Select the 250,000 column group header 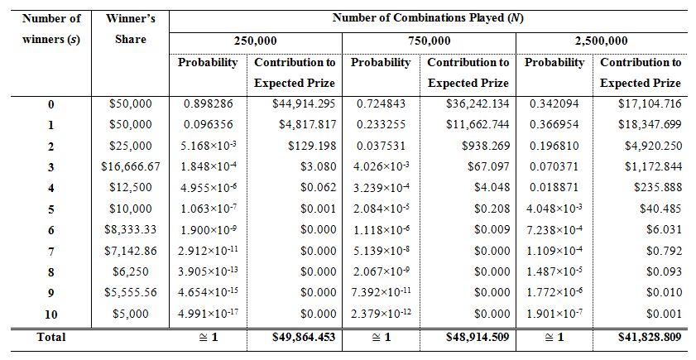(x=257, y=41)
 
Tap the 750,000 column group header (x=430, y=41)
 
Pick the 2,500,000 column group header (x=601, y=41)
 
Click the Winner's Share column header (x=130, y=29)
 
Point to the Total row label (x=50, y=337)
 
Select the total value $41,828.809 (x=650, y=337)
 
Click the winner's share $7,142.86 (x=130, y=250)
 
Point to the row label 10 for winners (x=50, y=313)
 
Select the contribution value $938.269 (x=486, y=146)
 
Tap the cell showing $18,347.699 (x=650, y=124)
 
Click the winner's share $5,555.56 (x=130, y=292)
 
